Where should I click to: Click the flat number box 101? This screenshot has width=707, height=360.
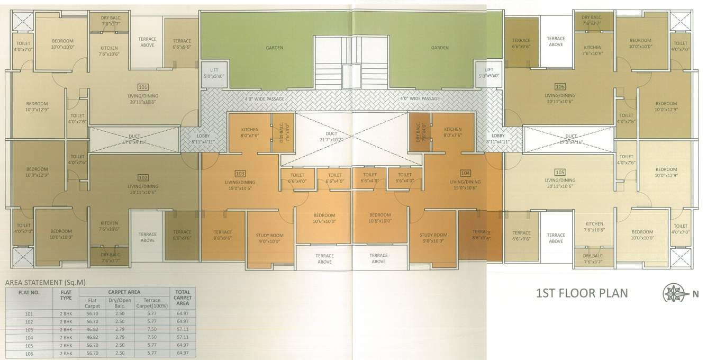[143, 87]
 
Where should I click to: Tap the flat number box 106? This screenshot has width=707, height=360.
[560, 86]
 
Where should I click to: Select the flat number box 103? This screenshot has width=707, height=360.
[240, 173]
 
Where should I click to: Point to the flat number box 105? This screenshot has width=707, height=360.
[560, 172]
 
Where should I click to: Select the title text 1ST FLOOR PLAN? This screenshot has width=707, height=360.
[582, 293]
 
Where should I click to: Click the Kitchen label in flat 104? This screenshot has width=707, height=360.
[452, 132]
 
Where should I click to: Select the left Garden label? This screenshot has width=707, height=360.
[275, 48]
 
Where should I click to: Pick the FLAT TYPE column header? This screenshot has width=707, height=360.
[66, 294]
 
